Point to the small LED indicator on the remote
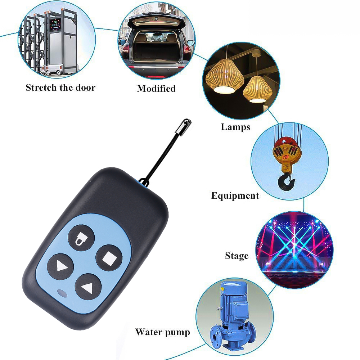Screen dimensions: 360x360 coord(62,294)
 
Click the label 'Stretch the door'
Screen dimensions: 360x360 coord(60,87)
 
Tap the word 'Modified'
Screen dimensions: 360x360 coord(156,89)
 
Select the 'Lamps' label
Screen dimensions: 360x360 coord(235,127)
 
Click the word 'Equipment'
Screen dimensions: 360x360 coord(235,196)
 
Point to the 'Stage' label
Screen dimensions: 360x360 coord(237,256)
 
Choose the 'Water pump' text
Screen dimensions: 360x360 coord(162,332)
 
